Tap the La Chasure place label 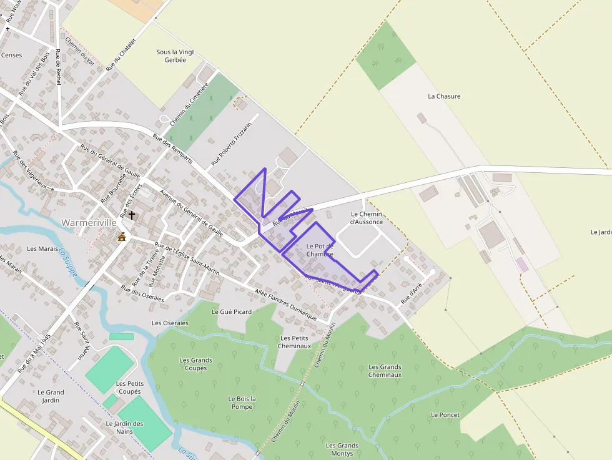tap(444, 96)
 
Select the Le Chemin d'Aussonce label tap(366, 218)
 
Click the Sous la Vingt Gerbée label tap(172, 56)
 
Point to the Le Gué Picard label tap(232, 311)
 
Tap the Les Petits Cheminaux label tap(294, 342)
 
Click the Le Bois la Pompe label tap(242, 403)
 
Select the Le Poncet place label tap(445, 415)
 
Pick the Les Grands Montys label tap(342, 449)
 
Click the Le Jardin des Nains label tap(124, 428)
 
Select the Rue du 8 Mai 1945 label tap(34, 353)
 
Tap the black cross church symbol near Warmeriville tap(132, 215)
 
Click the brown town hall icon tap(122, 237)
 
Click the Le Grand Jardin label tap(51, 396)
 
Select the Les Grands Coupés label tap(195, 364)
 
